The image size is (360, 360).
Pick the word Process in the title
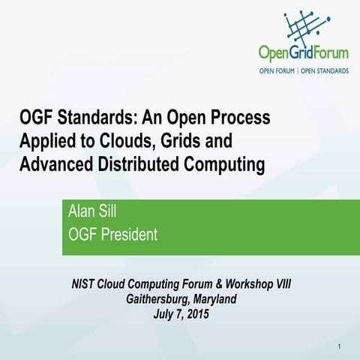tap(239, 118)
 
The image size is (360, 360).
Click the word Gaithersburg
tap(160, 299)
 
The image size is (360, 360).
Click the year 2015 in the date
tap(195, 313)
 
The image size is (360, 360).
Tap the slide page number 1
tap(340, 346)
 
